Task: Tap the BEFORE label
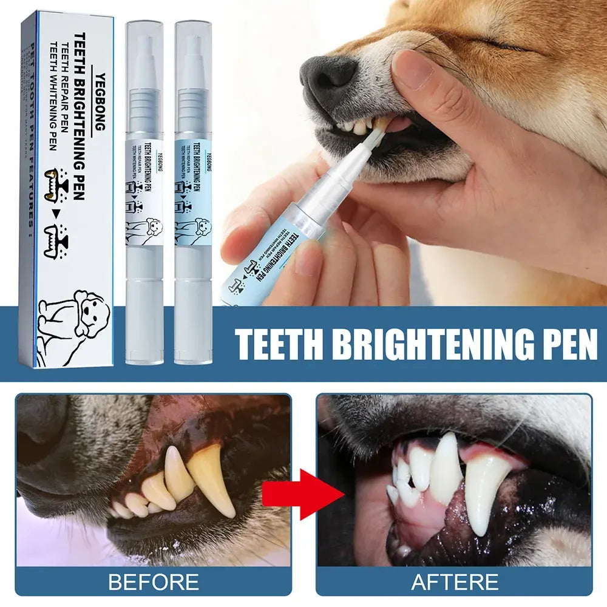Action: coord(153,582)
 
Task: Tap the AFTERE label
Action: coord(455,582)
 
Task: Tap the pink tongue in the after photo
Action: coord(419,516)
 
